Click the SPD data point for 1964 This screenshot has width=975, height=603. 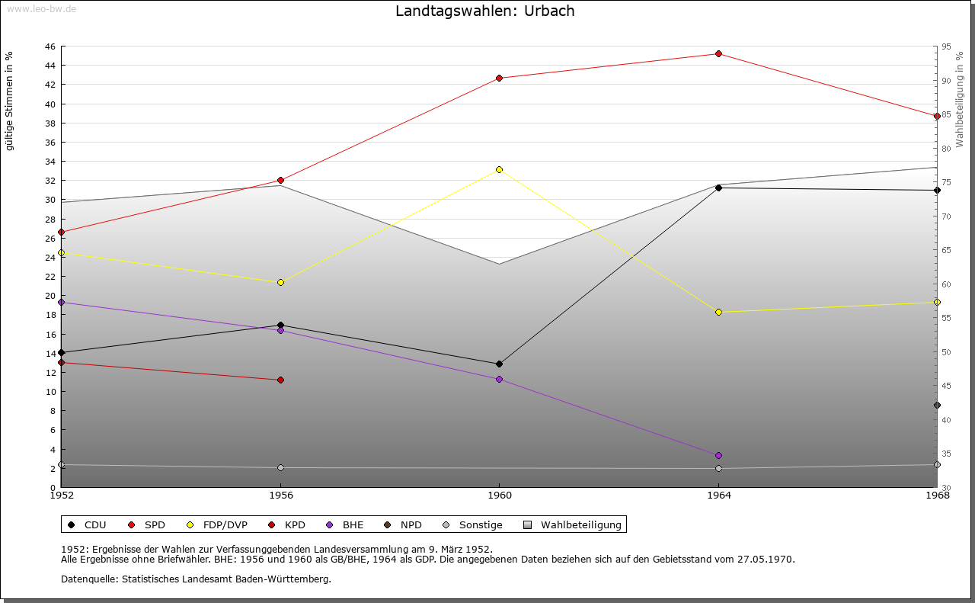718,53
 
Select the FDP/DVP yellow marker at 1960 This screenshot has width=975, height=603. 499,169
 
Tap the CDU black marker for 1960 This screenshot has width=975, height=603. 499,364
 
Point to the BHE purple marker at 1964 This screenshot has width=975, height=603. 718,455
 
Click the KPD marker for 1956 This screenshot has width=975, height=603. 280,380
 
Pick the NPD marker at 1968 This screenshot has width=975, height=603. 937,405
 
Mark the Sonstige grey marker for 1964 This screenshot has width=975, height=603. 718,468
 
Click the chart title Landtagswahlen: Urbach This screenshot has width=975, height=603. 485,11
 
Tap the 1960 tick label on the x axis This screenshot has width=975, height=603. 499,496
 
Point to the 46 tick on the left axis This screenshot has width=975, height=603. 50,47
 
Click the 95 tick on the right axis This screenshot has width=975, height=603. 946,47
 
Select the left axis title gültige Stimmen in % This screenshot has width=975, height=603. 10,101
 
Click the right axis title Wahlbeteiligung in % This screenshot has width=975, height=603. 960,100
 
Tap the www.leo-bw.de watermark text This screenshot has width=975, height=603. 40,9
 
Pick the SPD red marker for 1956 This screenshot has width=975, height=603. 280,180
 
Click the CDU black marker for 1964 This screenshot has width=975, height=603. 718,188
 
